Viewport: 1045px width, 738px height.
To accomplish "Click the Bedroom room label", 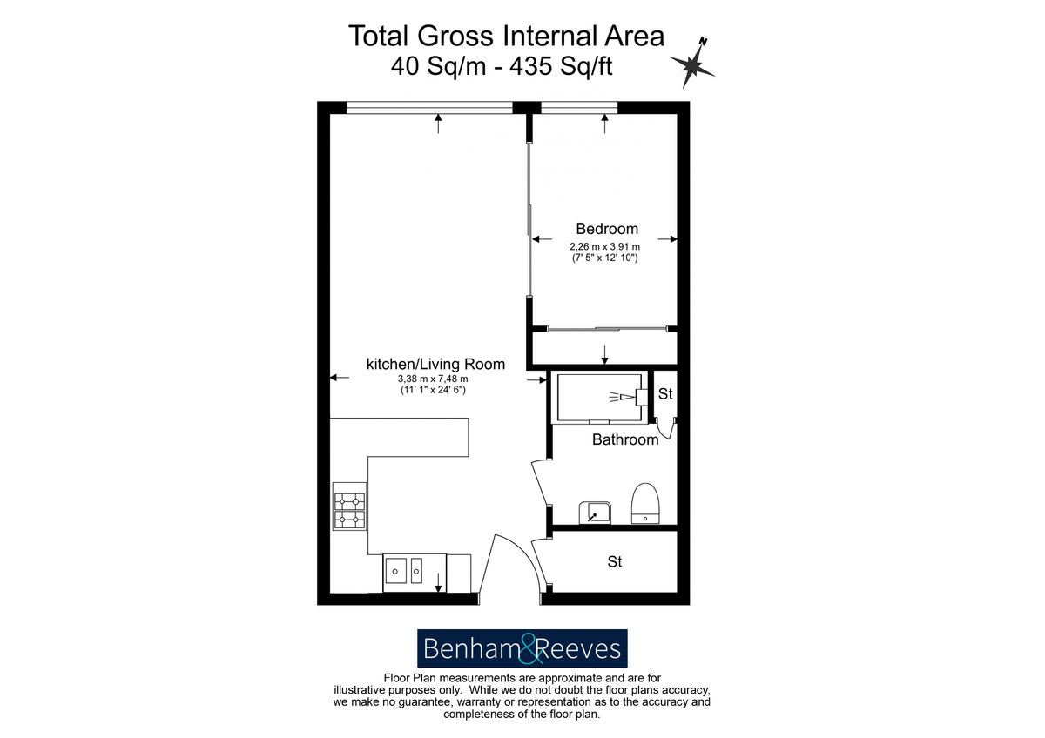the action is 607,229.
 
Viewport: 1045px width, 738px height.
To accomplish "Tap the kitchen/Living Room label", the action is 435,364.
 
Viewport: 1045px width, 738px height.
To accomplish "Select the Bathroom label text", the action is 625,439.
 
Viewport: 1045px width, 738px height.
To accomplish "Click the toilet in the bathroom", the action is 645,503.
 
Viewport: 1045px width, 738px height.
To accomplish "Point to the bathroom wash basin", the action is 595,513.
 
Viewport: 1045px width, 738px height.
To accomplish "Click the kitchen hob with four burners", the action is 349,507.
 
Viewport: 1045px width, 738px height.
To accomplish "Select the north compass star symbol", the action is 692,64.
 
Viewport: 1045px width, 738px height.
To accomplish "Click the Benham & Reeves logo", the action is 522,648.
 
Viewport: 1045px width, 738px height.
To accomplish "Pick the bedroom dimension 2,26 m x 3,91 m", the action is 604,246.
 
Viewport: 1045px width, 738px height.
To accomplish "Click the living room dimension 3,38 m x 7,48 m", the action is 433,379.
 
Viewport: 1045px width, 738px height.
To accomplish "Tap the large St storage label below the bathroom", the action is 615,562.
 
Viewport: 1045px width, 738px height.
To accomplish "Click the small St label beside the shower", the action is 665,394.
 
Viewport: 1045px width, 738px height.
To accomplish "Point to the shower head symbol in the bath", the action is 629,397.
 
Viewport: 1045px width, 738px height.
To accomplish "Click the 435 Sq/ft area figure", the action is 561,66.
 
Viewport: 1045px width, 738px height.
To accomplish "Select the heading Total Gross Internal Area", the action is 506,36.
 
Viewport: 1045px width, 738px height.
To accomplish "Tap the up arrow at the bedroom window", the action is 605,124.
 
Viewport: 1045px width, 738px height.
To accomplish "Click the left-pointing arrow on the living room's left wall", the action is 340,377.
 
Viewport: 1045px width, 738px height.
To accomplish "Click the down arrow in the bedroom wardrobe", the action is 604,355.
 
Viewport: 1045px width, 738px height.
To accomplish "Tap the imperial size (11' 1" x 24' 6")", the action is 433,390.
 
